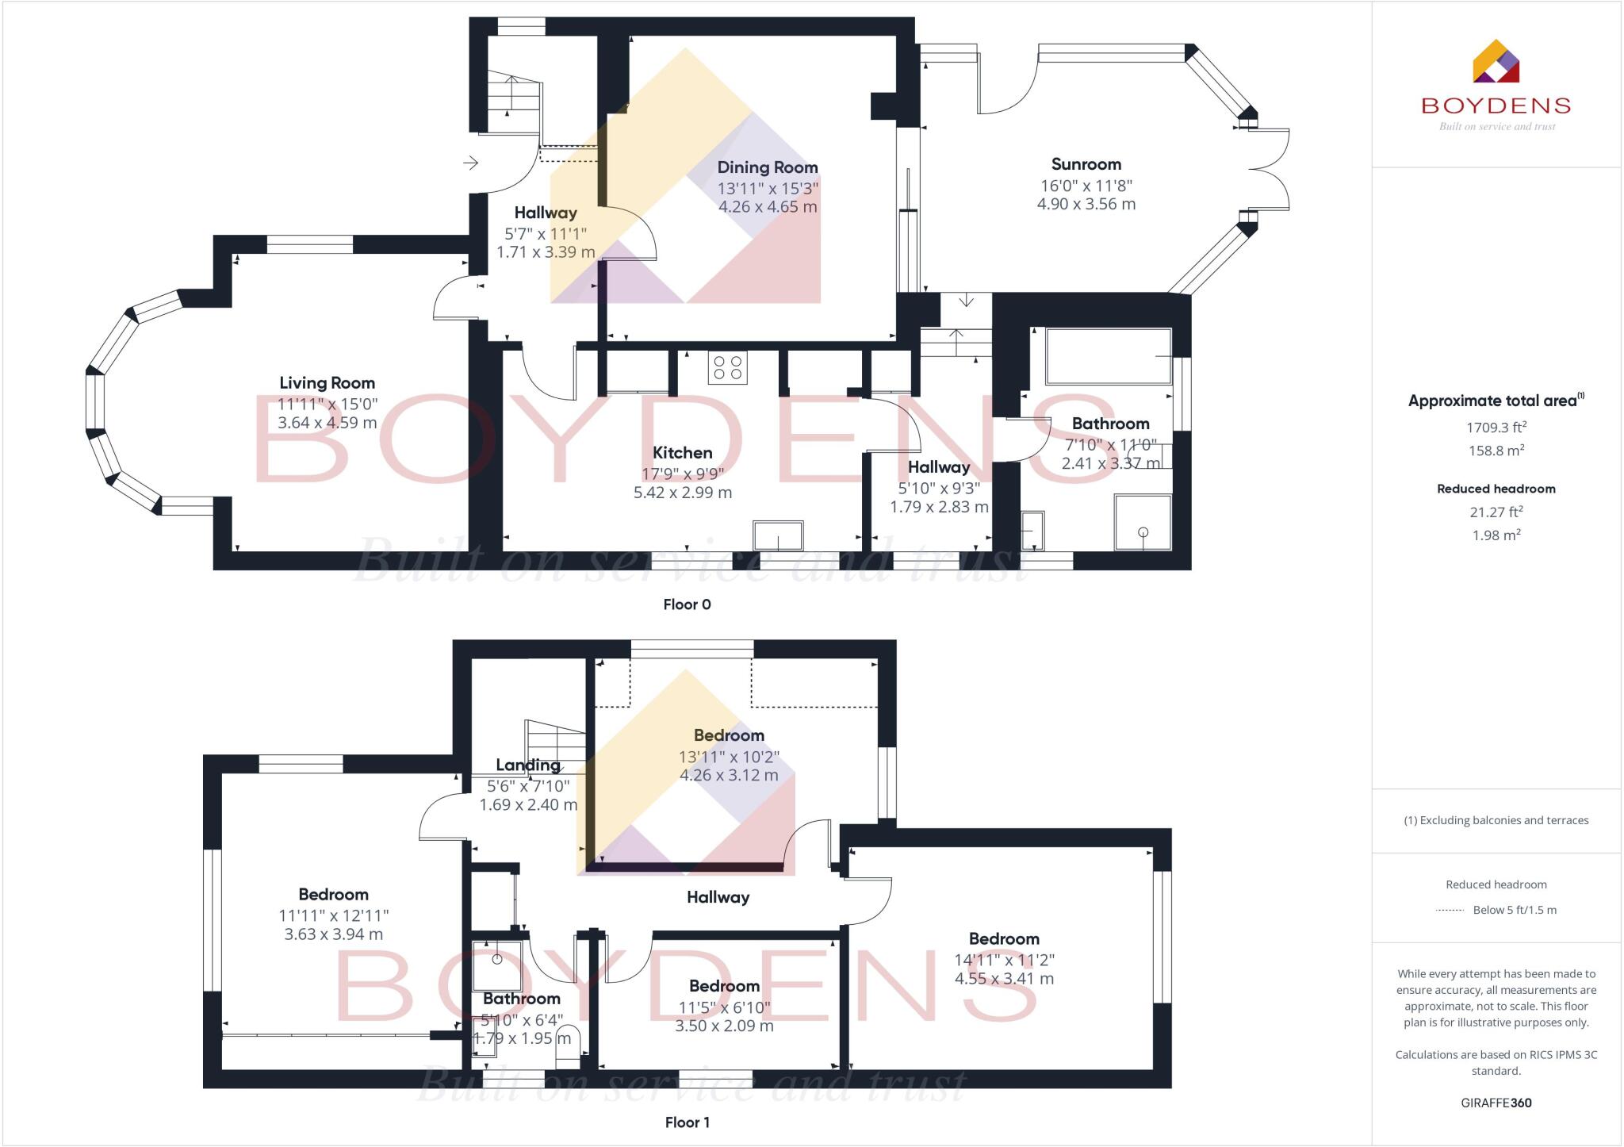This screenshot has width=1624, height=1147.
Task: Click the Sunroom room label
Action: tap(1086, 164)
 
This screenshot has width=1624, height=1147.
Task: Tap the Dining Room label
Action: tap(767, 167)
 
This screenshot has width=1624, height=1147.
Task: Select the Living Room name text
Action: tap(327, 383)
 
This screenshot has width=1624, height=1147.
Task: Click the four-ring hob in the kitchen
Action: tap(727, 367)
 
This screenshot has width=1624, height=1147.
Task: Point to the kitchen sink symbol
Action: tap(778, 535)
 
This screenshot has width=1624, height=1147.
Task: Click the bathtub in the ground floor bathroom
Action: tap(1108, 357)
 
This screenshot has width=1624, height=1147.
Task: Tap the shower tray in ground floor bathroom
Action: tap(1143, 522)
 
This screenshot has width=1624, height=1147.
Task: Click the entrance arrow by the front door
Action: tap(471, 163)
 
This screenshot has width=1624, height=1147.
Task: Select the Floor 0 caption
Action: tap(687, 604)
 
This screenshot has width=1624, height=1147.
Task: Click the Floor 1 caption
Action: tap(687, 1122)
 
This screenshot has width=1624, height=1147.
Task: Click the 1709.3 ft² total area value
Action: tap(1496, 428)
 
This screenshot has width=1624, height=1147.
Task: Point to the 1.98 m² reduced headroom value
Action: tap(1496, 535)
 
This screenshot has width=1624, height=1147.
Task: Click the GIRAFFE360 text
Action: tap(1496, 1103)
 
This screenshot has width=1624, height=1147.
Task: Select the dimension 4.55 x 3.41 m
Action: tap(1004, 979)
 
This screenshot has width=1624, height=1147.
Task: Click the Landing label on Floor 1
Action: tap(528, 765)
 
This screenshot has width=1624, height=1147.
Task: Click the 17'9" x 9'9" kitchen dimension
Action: tap(682, 474)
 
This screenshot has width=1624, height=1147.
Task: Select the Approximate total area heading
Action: tap(1494, 401)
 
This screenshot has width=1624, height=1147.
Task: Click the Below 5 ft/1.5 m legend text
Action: tap(1514, 910)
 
